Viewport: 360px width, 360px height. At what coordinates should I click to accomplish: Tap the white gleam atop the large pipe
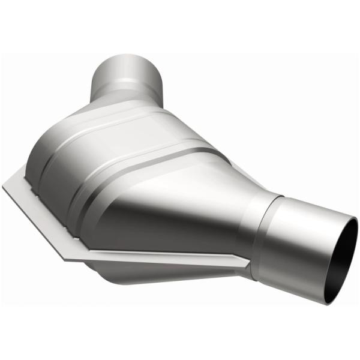tap(306, 207)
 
